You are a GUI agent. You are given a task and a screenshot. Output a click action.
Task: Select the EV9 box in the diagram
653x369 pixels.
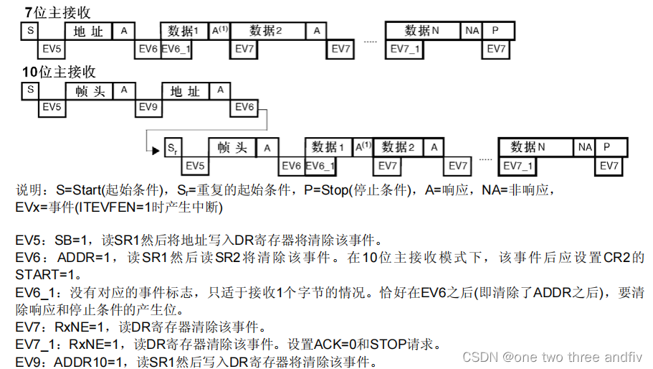coord(148,106)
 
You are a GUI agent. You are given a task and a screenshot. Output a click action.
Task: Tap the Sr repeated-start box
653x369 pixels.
coord(172,149)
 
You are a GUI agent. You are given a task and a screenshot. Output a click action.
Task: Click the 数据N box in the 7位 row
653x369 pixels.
coord(422,31)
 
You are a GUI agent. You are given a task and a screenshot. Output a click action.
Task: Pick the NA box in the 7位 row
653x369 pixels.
coord(472,31)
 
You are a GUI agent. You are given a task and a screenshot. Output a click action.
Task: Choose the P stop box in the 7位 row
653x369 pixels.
coord(495,31)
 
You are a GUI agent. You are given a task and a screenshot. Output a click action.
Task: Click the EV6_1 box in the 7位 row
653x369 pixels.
coord(176,49)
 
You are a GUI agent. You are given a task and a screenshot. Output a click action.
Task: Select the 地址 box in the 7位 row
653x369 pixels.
coord(88,31)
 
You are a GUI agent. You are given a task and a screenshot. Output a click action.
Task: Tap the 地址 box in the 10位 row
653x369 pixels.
coord(185,90)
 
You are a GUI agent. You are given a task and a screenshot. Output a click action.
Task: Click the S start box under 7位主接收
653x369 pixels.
coord(30,31)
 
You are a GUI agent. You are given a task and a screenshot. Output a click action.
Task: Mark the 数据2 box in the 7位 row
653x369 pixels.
coord(266,31)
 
